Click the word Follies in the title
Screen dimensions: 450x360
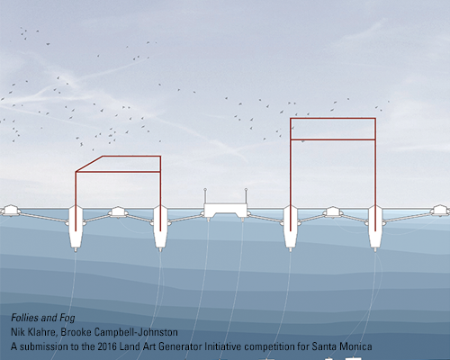click(25, 318)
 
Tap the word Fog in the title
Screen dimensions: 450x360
click(67, 318)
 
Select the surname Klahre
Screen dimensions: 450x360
click(43, 332)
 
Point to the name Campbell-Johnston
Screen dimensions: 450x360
click(136, 332)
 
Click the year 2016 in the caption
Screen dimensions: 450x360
click(107, 346)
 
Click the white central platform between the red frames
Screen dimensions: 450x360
click(226, 210)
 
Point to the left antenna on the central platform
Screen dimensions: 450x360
click(205, 196)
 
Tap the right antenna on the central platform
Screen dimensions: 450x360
click(246, 196)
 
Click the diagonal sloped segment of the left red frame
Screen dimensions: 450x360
click(89, 164)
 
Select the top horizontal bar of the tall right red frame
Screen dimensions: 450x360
click(333, 119)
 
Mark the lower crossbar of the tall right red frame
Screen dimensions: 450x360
click(333, 139)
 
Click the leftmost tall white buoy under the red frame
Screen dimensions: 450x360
click(76, 228)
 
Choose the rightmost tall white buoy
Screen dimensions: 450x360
click(375, 228)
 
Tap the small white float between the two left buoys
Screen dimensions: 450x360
click(118, 211)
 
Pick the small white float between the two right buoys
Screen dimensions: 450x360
click(332, 211)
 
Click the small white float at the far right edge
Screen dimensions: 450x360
click(440, 210)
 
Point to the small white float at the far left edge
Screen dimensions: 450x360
click(11, 210)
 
